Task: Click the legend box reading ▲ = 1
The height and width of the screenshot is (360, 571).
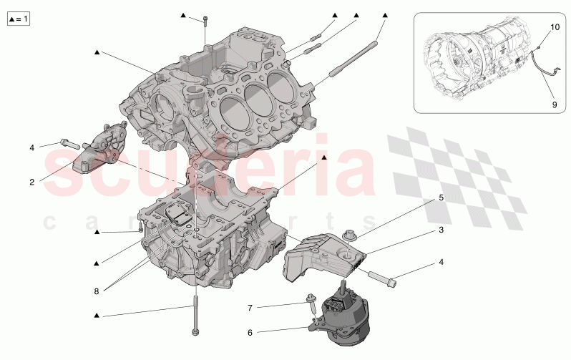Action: [x=18, y=19]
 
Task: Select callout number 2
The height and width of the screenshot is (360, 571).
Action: [x=31, y=182]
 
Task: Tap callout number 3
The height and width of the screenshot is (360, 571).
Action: [x=441, y=230]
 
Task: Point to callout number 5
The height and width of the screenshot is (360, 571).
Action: [x=441, y=197]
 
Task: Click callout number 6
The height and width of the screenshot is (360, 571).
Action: [x=250, y=332]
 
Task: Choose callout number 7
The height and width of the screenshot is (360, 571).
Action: [x=250, y=308]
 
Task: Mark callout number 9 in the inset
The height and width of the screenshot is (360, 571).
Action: [x=553, y=104]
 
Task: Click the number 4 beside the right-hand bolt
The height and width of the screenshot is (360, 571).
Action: [x=441, y=262]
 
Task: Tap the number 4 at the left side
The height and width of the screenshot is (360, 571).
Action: [x=31, y=147]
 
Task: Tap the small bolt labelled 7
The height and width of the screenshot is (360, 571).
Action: [x=313, y=305]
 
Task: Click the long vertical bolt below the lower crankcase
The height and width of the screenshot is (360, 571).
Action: [x=194, y=315]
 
